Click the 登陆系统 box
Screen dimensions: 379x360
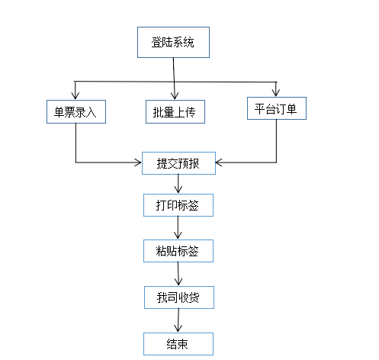(173, 42)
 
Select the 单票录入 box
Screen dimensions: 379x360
(76, 111)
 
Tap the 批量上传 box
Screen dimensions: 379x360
(175, 111)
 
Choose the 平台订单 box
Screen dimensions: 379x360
(277, 108)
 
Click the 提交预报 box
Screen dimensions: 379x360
(178, 163)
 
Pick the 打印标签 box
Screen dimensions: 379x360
(178, 205)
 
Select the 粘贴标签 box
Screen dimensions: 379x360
(178, 251)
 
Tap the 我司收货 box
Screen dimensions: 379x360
(179, 297)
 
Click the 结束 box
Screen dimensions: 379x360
(178, 344)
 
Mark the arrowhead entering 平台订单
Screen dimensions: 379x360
(276, 93)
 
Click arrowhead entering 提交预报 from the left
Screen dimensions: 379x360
(139, 162)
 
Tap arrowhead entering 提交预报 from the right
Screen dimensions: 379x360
(219, 162)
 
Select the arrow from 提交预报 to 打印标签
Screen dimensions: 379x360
(178, 184)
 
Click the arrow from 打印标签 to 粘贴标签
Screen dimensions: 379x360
(178, 228)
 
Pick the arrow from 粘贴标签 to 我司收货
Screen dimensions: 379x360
(178, 274)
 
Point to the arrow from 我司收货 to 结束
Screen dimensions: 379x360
(178, 320)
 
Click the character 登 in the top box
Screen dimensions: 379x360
(156, 42)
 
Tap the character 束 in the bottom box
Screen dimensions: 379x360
(183, 344)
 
